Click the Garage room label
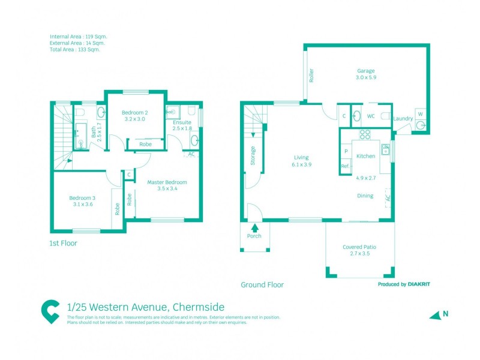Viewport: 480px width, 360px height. [x=365, y=70]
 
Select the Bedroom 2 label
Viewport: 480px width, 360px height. [x=134, y=113]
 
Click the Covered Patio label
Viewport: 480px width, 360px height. [x=359, y=247]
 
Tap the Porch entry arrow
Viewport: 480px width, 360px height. [x=255, y=227]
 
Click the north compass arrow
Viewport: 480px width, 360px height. [x=435, y=315]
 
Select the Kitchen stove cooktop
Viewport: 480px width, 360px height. [x=365, y=134]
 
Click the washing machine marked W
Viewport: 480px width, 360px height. [x=419, y=114]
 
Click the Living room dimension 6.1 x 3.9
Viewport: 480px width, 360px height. [x=301, y=164]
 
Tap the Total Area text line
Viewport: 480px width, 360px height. [x=75, y=50]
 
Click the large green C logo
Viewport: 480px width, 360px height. [x=50, y=311]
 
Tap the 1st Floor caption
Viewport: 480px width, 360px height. [x=63, y=244]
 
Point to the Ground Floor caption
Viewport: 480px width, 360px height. [x=262, y=285]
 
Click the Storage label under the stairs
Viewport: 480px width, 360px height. [x=253, y=156]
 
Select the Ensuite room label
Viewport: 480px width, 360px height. [x=182, y=122]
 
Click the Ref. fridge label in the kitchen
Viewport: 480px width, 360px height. [x=345, y=166]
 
